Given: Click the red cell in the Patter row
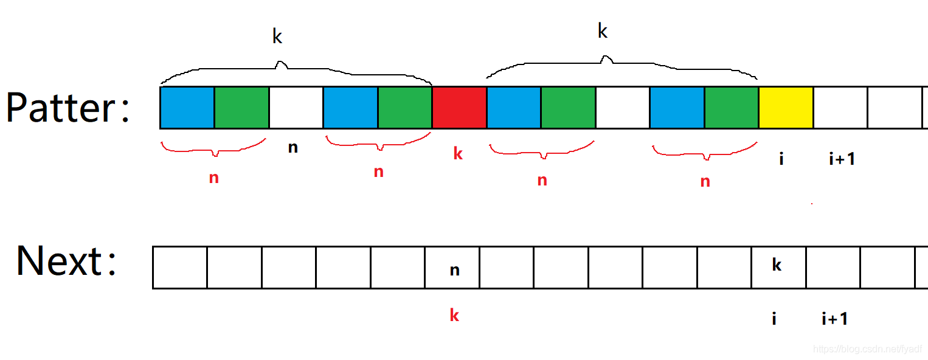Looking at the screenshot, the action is (460, 107).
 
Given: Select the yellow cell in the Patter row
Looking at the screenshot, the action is (786, 107).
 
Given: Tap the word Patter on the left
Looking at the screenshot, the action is (60, 107).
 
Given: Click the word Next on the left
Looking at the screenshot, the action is (59, 261).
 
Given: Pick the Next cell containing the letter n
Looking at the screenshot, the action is (452, 268).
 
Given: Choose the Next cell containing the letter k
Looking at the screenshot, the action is (779, 268).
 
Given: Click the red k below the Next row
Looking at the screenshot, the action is (454, 315).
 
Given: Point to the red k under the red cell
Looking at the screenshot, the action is (458, 153).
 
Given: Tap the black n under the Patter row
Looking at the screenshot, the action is (293, 148).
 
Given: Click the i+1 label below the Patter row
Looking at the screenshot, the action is (842, 159).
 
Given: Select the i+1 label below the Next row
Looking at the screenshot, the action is (835, 319).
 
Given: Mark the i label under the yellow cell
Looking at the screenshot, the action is (781, 159).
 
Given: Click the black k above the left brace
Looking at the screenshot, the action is (277, 36).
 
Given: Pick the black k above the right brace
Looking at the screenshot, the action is (603, 30).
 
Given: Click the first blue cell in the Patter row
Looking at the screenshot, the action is (187, 107).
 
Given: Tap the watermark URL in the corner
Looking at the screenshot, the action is (867, 349).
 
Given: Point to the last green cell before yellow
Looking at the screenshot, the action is (732, 107).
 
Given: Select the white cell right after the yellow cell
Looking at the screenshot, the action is (840, 107).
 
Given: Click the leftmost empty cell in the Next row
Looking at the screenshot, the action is (180, 268).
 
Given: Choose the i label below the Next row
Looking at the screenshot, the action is (774, 319).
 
